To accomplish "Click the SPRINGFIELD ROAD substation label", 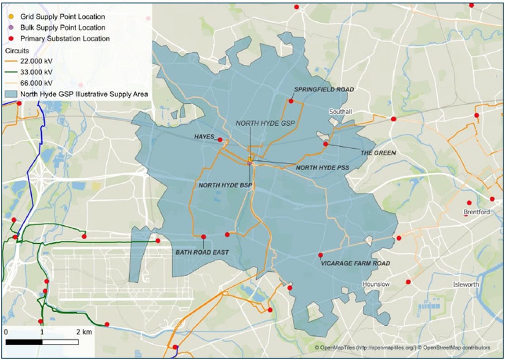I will pos(324,89).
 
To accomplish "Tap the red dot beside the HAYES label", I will pos(220,140).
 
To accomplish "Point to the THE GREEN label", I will pos(378,152).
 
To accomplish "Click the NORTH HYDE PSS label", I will pos(323,167).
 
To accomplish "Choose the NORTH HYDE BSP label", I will pos(225,184).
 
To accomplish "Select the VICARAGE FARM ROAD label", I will pos(355,263).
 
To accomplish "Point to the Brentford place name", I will pos(477,212).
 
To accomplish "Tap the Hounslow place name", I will pos(376,285).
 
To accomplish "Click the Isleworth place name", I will pos(466,285).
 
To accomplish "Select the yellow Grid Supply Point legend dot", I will pos(11,17).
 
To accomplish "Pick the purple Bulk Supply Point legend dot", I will pos(11,28).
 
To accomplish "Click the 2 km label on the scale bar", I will pos(84,331).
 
